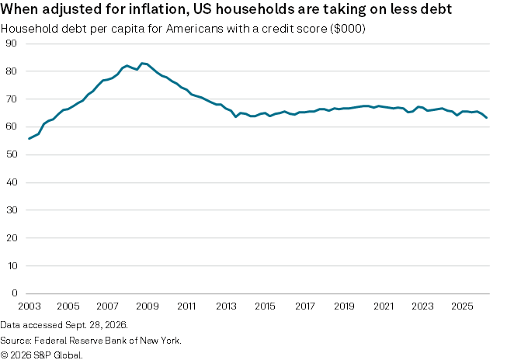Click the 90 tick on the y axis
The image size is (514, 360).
12,43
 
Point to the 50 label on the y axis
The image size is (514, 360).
12,154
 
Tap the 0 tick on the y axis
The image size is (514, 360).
15,292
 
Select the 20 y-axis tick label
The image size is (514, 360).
12,238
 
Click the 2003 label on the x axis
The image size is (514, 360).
30,306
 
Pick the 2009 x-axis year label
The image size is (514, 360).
148,306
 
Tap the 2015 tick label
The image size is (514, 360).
266,306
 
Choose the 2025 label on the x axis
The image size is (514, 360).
462,306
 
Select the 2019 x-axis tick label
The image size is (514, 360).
344,306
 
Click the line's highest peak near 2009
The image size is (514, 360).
142,63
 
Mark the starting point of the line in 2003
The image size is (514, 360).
30,139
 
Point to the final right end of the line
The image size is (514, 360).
487,118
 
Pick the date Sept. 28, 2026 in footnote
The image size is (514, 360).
96,325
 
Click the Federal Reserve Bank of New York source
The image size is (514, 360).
107,341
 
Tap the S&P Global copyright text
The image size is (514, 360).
41,355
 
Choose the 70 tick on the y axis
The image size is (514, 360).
12,99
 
